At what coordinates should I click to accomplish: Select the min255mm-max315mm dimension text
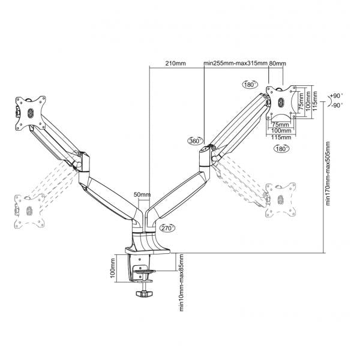click(236, 62)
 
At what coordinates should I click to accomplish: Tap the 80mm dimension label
click(278, 62)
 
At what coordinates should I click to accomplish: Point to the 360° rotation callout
click(194, 141)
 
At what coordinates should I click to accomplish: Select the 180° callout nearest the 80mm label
click(250, 84)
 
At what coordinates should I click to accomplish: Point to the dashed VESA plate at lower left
click(28, 211)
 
